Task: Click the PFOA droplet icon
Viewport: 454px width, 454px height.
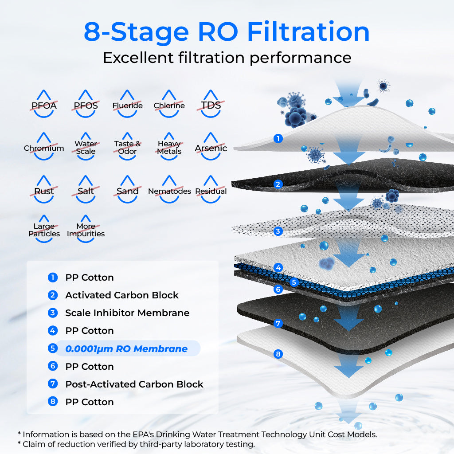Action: point(44,105)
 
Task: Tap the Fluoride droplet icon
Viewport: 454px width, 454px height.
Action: point(128,105)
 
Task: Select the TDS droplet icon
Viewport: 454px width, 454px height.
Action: point(211,105)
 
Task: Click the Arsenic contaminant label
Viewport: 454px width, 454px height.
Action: point(211,148)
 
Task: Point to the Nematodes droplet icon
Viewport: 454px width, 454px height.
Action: point(169,190)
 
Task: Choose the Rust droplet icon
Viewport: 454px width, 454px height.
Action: point(44,190)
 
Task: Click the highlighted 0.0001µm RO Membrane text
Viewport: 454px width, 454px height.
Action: point(126,348)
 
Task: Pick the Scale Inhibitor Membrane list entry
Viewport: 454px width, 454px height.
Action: point(127,313)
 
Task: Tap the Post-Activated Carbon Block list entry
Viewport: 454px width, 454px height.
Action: point(134,384)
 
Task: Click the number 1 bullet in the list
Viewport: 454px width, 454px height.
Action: point(53,278)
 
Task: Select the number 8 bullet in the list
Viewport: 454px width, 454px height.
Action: point(53,402)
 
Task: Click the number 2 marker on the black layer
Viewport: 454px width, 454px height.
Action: point(278,184)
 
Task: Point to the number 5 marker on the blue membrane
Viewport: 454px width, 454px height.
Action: point(293,282)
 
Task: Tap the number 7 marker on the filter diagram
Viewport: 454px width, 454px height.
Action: point(278,323)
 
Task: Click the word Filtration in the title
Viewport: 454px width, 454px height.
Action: point(308,32)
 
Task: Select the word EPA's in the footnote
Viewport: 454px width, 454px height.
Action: point(139,434)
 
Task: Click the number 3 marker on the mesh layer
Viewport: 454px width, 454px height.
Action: point(278,231)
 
